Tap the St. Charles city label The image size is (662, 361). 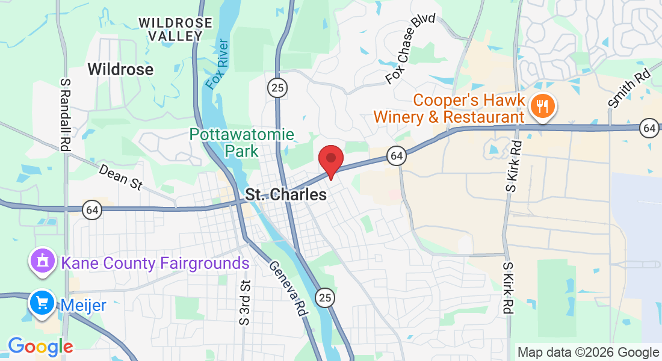tap(286, 195)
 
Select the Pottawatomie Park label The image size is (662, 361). tap(242, 142)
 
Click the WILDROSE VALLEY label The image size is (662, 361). tap(175, 29)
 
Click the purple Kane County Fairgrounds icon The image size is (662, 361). tap(43, 262)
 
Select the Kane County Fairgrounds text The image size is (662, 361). tap(155, 263)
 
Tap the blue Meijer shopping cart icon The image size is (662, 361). tap(43, 304)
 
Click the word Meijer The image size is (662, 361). tap(83, 305)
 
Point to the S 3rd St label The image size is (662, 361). tap(244, 303)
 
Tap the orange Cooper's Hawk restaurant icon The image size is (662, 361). tap(543, 107)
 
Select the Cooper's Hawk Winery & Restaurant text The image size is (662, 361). tap(449, 108)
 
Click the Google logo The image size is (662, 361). tap(40, 347)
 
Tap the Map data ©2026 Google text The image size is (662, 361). tap(589, 353)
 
